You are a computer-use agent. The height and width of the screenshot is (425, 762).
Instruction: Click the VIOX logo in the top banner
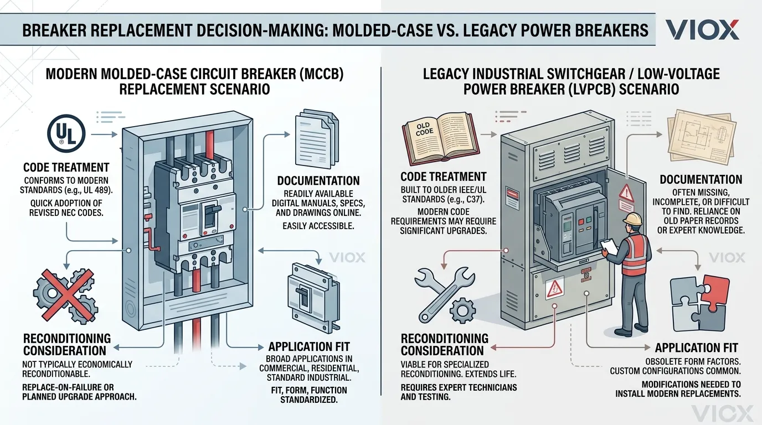(702, 29)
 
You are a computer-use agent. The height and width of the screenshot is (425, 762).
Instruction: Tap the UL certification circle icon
(66, 133)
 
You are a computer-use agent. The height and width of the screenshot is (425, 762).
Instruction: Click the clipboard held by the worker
(609, 247)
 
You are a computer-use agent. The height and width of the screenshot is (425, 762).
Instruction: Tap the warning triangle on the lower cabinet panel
(554, 288)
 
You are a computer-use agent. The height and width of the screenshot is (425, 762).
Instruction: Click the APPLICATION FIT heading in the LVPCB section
(696, 348)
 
